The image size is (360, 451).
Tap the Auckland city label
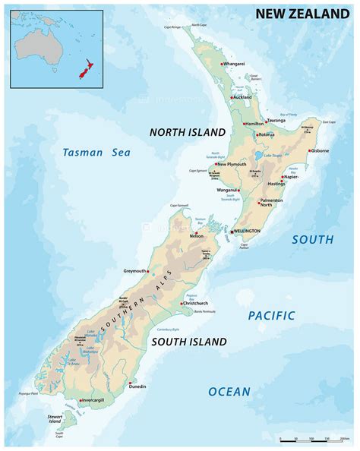[x=242, y=98]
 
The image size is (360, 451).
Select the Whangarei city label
[x=235, y=65]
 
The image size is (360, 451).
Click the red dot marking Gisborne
[x=310, y=150]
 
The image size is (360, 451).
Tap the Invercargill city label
[x=97, y=399]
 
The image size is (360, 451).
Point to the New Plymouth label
[x=232, y=164]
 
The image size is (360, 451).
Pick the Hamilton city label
[x=254, y=123]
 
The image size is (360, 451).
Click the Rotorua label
[x=266, y=135]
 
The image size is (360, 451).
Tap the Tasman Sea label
[x=96, y=153]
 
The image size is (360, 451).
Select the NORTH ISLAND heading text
[x=188, y=132]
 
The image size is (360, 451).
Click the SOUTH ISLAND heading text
[x=188, y=342]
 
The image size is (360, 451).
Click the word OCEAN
[x=229, y=392]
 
